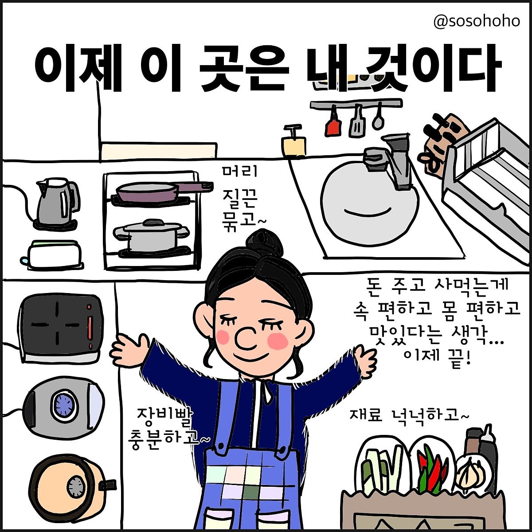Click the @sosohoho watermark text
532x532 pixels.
(x=477, y=21)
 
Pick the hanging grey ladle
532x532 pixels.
(x=377, y=116)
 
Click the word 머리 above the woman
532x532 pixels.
(x=240, y=172)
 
